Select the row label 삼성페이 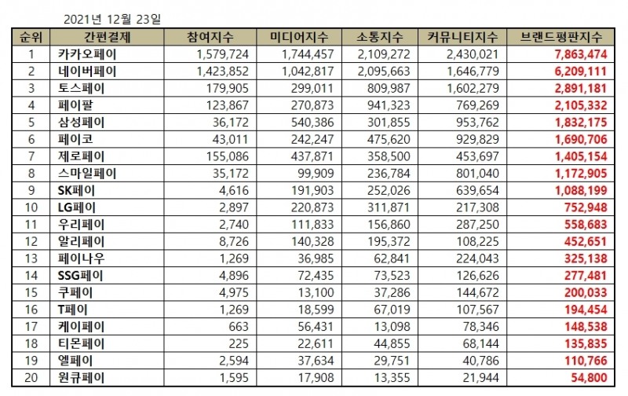click(x=82, y=123)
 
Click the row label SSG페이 click(x=80, y=276)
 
